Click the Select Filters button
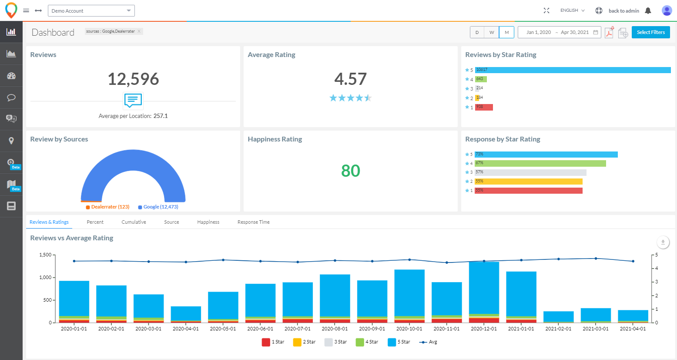pyautogui.click(x=650, y=32)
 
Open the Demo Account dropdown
pyautogui.click(x=91, y=11)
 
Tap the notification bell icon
pyautogui.click(x=648, y=11)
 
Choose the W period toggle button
pyautogui.click(x=492, y=32)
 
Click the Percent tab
pyautogui.click(x=95, y=222)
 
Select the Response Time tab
pyautogui.click(x=253, y=222)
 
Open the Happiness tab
pyautogui.click(x=208, y=222)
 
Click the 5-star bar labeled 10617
pyautogui.click(x=573, y=70)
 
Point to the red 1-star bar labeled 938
pyautogui.click(x=484, y=107)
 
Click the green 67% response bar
pyautogui.click(x=540, y=163)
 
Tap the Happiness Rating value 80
pyautogui.click(x=350, y=171)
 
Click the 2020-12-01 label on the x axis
pyautogui.click(x=484, y=329)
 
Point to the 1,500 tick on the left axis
pyautogui.click(x=45, y=255)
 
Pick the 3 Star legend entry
pyautogui.click(x=335, y=342)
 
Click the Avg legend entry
pyautogui.click(x=428, y=342)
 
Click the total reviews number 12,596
pyautogui.click(x=133, y=79)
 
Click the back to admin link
pyautogui.click(x=623, y=11)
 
